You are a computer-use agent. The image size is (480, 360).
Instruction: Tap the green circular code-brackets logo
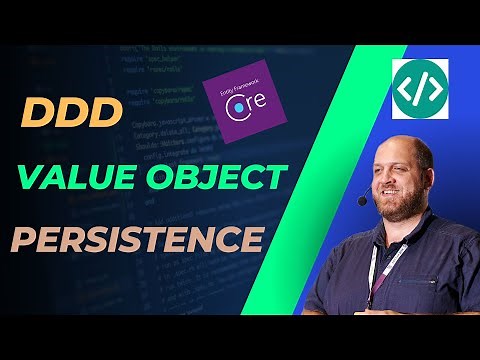[x=419, y=88]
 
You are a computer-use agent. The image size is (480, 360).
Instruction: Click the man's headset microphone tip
[x=362, y=201]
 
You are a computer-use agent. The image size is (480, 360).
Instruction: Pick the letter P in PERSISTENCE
[x=22, y=241]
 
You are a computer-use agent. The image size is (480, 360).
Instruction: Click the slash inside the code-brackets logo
[x=419, y=88]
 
